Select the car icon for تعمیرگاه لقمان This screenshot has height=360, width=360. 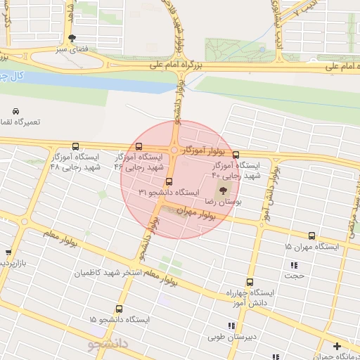pyautogui.click(x=15, y=111)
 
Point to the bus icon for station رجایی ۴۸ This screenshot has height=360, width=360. pyautogui.click(x=75, y=147)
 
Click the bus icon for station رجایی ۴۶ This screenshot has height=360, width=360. pyautogui.click(x=139, y=148)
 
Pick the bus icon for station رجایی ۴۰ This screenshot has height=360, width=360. pyautogui.click(x=236, y=155)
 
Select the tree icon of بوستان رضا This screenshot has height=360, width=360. pyautogui.click(x=223, y=190)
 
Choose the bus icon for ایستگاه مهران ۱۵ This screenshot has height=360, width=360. pyautogui.click(x=311, y=236)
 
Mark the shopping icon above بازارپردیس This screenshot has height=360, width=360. pyautogui.click(x=8, y=252)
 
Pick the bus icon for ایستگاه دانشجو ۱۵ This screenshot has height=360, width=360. pyautogui.click(x=118, y=309)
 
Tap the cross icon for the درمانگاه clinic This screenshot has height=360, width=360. pyautogui.click(x=337, y=346)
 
